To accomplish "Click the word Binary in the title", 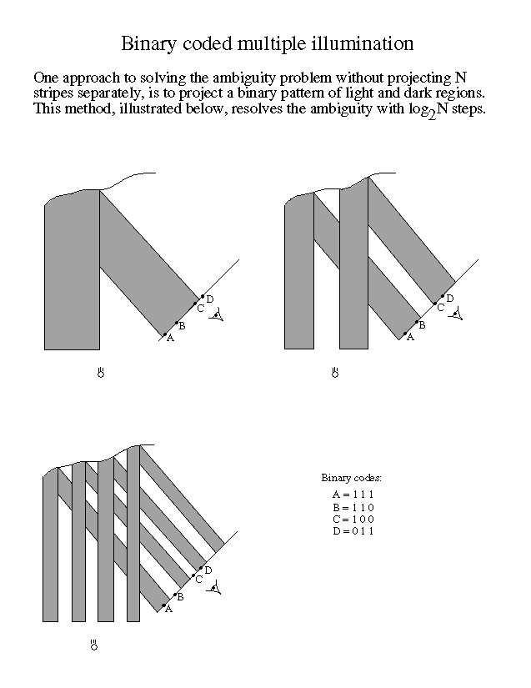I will coord(148,43).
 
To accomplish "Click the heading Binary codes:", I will coord(352,478).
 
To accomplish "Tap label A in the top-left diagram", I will coord(170,338).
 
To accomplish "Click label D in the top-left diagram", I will coord(209,299).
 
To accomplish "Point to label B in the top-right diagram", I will coord(422,325).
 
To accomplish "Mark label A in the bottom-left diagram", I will coord(168,610).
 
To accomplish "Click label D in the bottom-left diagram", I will coord(208,570).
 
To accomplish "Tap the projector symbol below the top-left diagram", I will coord(100,372).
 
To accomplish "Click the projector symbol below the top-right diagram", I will coord(334,372).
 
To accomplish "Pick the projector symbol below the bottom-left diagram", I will coord(94,645).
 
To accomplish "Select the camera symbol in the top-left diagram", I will coord(218,314).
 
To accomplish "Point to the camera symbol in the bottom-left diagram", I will coord(216,590).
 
